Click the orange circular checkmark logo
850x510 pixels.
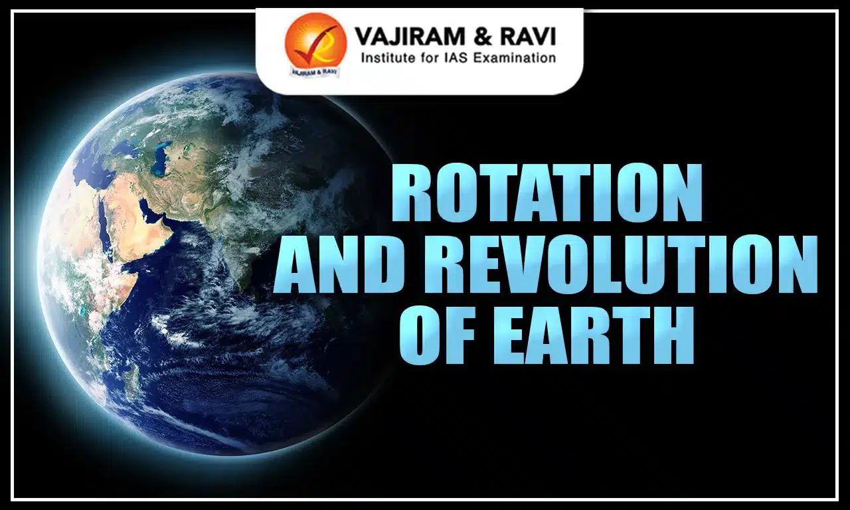(315, 41)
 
